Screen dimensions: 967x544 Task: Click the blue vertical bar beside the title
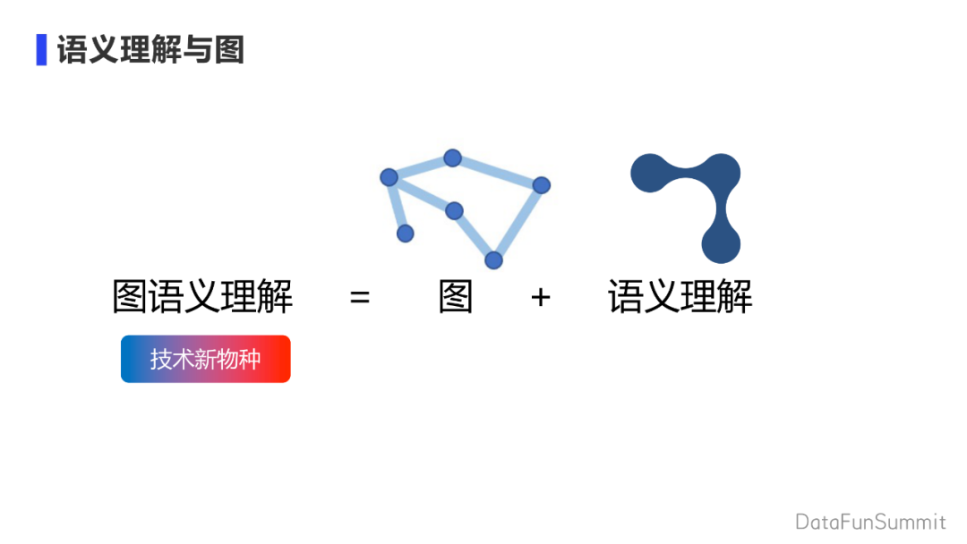pos(41,49)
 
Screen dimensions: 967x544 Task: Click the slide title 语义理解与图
pos(150,49)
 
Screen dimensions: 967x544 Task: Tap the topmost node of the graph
pos(452,158)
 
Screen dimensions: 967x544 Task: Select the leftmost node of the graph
pos(389,177)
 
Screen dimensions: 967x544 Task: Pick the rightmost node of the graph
pos(541,185)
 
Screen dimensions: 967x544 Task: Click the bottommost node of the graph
pos(493,260)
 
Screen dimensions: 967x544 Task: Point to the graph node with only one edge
pos(405,233)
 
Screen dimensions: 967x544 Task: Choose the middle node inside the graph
pos(454,210)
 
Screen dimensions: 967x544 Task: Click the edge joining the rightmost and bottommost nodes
pos(518,223)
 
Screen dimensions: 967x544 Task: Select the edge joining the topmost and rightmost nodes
pos(497,172)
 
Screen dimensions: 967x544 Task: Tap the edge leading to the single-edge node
pos(397,206)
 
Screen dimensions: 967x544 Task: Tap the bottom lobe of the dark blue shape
pos(721,242)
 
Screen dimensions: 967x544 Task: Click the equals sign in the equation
pos(360,297)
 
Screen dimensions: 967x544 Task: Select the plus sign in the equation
pos(540,297)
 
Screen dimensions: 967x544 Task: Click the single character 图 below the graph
pos(456,297)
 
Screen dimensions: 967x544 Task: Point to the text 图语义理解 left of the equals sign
pos(202,297)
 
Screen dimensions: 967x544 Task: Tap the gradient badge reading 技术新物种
pos(206,359)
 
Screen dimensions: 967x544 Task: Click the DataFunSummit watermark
pos(870,521)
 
